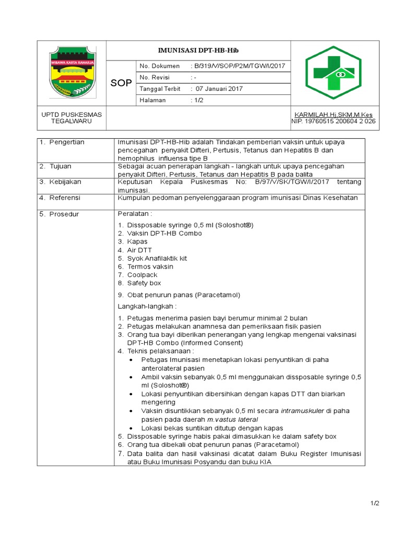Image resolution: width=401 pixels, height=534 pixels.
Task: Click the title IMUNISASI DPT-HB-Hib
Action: pos(198,50)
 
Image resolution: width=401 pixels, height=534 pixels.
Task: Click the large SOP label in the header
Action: pos(121,83)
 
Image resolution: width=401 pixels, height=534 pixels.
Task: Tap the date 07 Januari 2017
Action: pos(220,89)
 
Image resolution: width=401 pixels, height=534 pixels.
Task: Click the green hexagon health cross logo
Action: pos(333,73)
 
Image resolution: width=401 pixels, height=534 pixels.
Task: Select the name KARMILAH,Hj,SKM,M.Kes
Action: pos(334,115)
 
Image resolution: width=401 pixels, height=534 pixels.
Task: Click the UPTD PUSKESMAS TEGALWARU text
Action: pos(72,118)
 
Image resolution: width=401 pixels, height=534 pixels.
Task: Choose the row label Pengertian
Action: pos(66,142)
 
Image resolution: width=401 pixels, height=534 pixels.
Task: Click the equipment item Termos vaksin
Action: pos(150,266)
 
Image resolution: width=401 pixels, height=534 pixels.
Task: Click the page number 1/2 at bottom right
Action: pos(375,503)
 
